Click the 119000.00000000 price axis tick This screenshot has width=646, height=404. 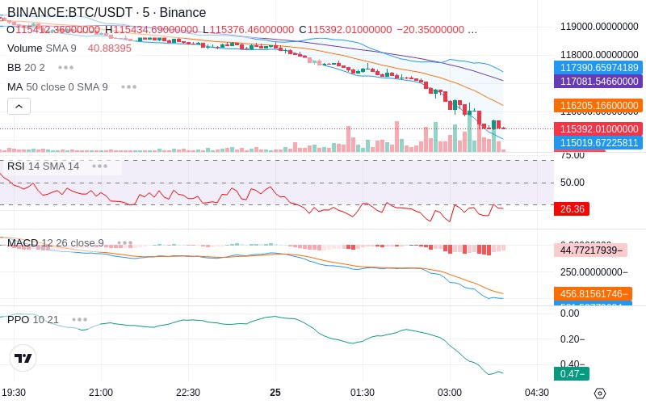[x=599, y=26]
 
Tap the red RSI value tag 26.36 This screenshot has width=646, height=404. [x=572, y=209]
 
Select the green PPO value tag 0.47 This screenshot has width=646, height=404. [x=572, y=373]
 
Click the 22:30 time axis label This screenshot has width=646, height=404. [x=188, y=393]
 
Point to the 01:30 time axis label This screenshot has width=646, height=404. [x=363, y=393]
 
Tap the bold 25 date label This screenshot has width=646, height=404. [x=275, y=393]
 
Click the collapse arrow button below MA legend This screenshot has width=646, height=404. [x=19, y=106]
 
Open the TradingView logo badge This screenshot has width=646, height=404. [x=23, y=358]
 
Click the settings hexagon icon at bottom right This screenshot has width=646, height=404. [x=599, y=393]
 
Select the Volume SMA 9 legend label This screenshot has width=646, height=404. [x=42, y=48]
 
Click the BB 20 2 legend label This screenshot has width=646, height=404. [x=26, y=67]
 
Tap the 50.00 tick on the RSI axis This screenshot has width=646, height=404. [x=573, y=183]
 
